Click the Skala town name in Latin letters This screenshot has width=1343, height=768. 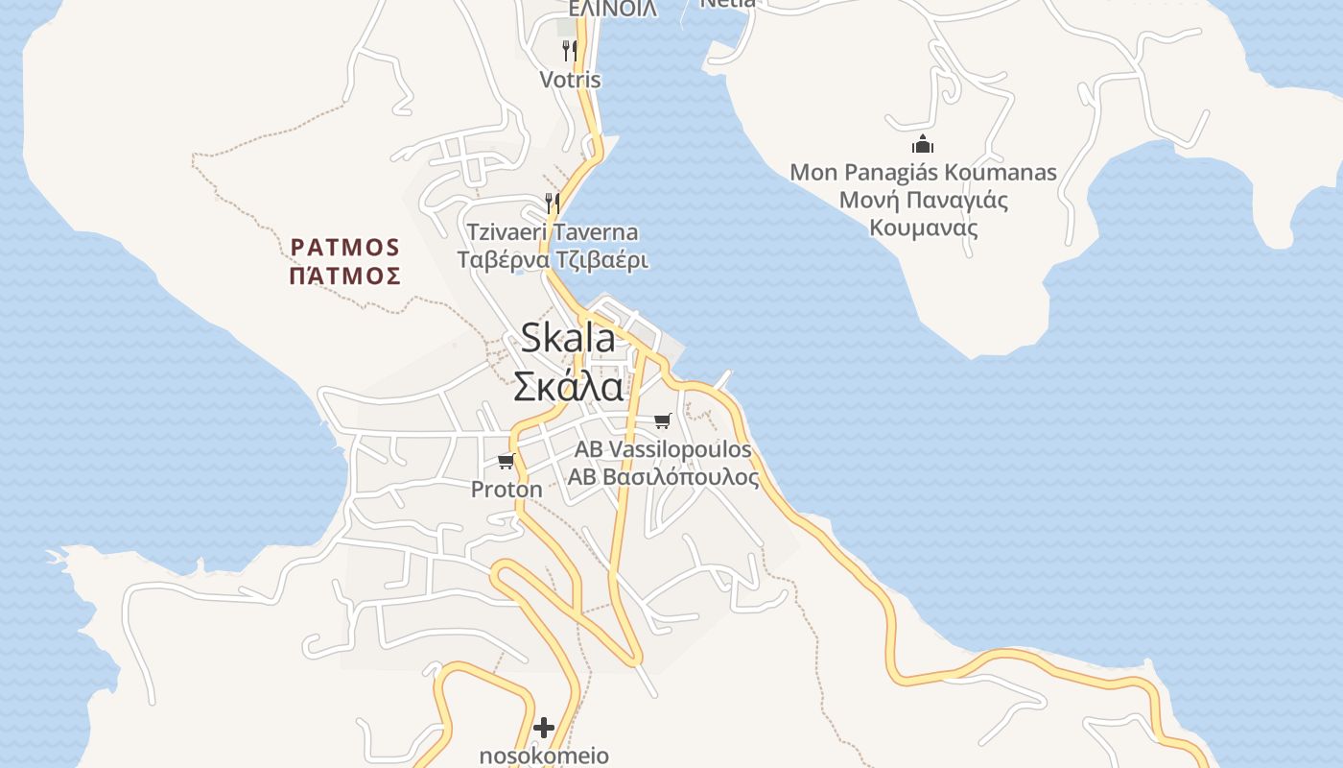[568, 338]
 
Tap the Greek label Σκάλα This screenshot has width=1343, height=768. [568, 386]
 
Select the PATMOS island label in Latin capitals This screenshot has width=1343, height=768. [345, 248]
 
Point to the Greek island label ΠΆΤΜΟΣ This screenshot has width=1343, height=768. [345, 276]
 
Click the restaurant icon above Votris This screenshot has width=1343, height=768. [570, 50]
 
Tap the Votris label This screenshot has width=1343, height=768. [570, 80]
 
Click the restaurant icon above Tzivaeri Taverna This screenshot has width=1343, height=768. [553, 203]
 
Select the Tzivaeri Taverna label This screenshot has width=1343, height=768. [553, 232]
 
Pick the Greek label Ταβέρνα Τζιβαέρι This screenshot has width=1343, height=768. [553, 260]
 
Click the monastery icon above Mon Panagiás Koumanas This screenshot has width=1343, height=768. [923, 145]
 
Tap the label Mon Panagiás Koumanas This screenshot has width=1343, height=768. [923, 173]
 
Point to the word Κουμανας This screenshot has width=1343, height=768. [923, 228]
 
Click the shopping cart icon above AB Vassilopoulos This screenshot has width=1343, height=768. [662, 420]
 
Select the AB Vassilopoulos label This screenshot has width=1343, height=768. [663, 449]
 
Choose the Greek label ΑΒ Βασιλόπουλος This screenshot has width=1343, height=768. [663, 477]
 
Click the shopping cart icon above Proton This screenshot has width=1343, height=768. [507, 462]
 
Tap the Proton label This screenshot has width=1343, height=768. [507, 490]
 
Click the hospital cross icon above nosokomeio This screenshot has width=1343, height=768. [544, 728]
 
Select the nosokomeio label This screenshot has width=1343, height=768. [544, 756]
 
